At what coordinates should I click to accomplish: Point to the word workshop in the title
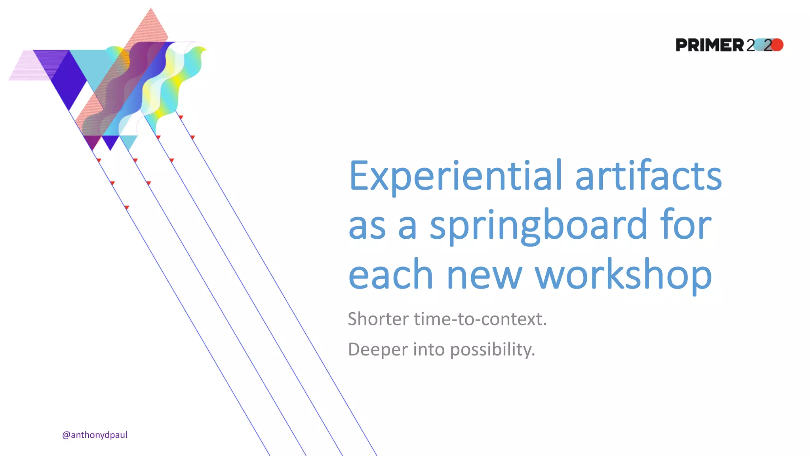(x=623, y=275)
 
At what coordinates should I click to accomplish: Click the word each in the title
(x=390, y=275)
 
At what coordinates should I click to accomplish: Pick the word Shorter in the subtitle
(x=378, y=319)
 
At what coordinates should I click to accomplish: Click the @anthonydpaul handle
(x=95, y=435)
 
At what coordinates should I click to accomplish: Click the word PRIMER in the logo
(x=710, y=45)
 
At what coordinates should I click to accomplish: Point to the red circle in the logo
(x=777, y=45)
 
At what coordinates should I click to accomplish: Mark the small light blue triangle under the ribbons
(x=128, y=141)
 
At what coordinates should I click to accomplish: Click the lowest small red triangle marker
(x=127, y=207)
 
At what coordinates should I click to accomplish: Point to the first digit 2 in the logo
(x=750, y=45)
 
